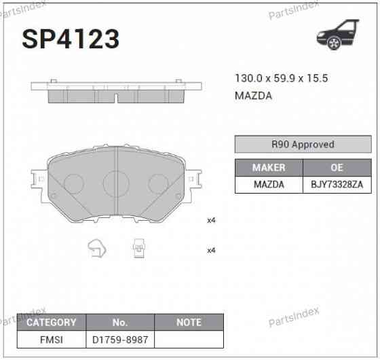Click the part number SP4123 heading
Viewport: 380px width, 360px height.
71,39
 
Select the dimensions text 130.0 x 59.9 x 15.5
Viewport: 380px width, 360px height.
281,78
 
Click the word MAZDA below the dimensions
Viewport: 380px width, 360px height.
253,96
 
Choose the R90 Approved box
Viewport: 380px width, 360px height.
303,144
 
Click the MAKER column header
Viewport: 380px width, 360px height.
269,167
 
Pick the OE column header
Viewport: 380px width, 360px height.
337,167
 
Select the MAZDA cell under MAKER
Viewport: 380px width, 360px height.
269,184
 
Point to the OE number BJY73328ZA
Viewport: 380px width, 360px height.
337,184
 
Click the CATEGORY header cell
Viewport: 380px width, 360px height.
51,322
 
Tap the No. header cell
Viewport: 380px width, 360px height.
119,322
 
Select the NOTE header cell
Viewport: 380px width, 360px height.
188,322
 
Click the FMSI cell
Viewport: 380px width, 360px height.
51,339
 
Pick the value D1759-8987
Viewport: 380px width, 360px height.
119,339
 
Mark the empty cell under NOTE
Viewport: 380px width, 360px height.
188,339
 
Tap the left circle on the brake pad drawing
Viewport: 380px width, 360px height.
73,183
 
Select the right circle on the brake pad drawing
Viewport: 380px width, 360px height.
158,183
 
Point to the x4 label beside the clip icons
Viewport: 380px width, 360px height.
211,251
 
